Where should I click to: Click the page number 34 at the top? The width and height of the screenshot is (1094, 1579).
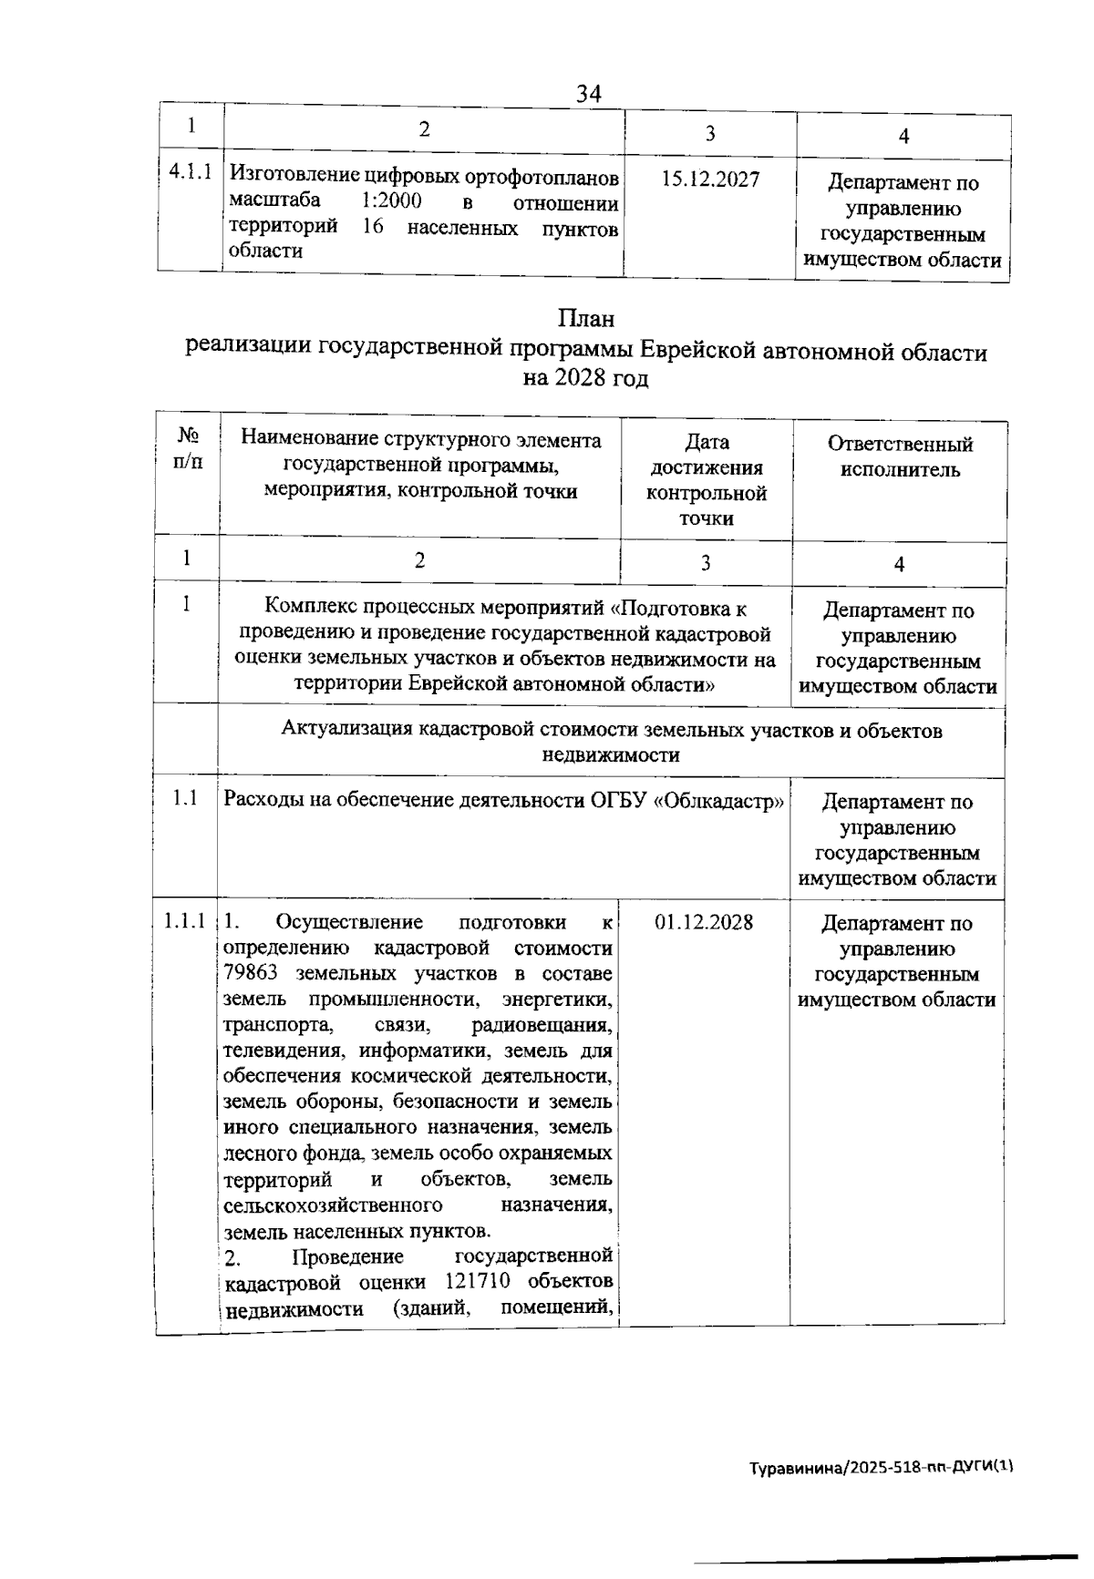[x=589, y=94]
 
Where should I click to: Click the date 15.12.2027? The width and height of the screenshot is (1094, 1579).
[x=710, y=179]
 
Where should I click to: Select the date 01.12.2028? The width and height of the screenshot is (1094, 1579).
[x=704, y=921]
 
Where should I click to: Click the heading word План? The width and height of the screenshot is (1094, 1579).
[x=585, y=319]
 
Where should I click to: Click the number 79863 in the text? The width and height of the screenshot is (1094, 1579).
[x=251, y=972]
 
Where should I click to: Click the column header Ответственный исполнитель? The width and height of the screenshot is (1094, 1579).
[x=900, y=456]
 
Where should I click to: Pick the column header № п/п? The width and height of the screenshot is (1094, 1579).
[x=187, y=447]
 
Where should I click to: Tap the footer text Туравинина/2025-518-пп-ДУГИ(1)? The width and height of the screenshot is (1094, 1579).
[x=881, y=1468]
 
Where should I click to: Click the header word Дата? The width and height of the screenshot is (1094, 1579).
[x=707, y=442]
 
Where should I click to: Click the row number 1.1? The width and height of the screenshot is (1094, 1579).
[x=186, y=798]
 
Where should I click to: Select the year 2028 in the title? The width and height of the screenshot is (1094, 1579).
[x=581, y=378]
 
